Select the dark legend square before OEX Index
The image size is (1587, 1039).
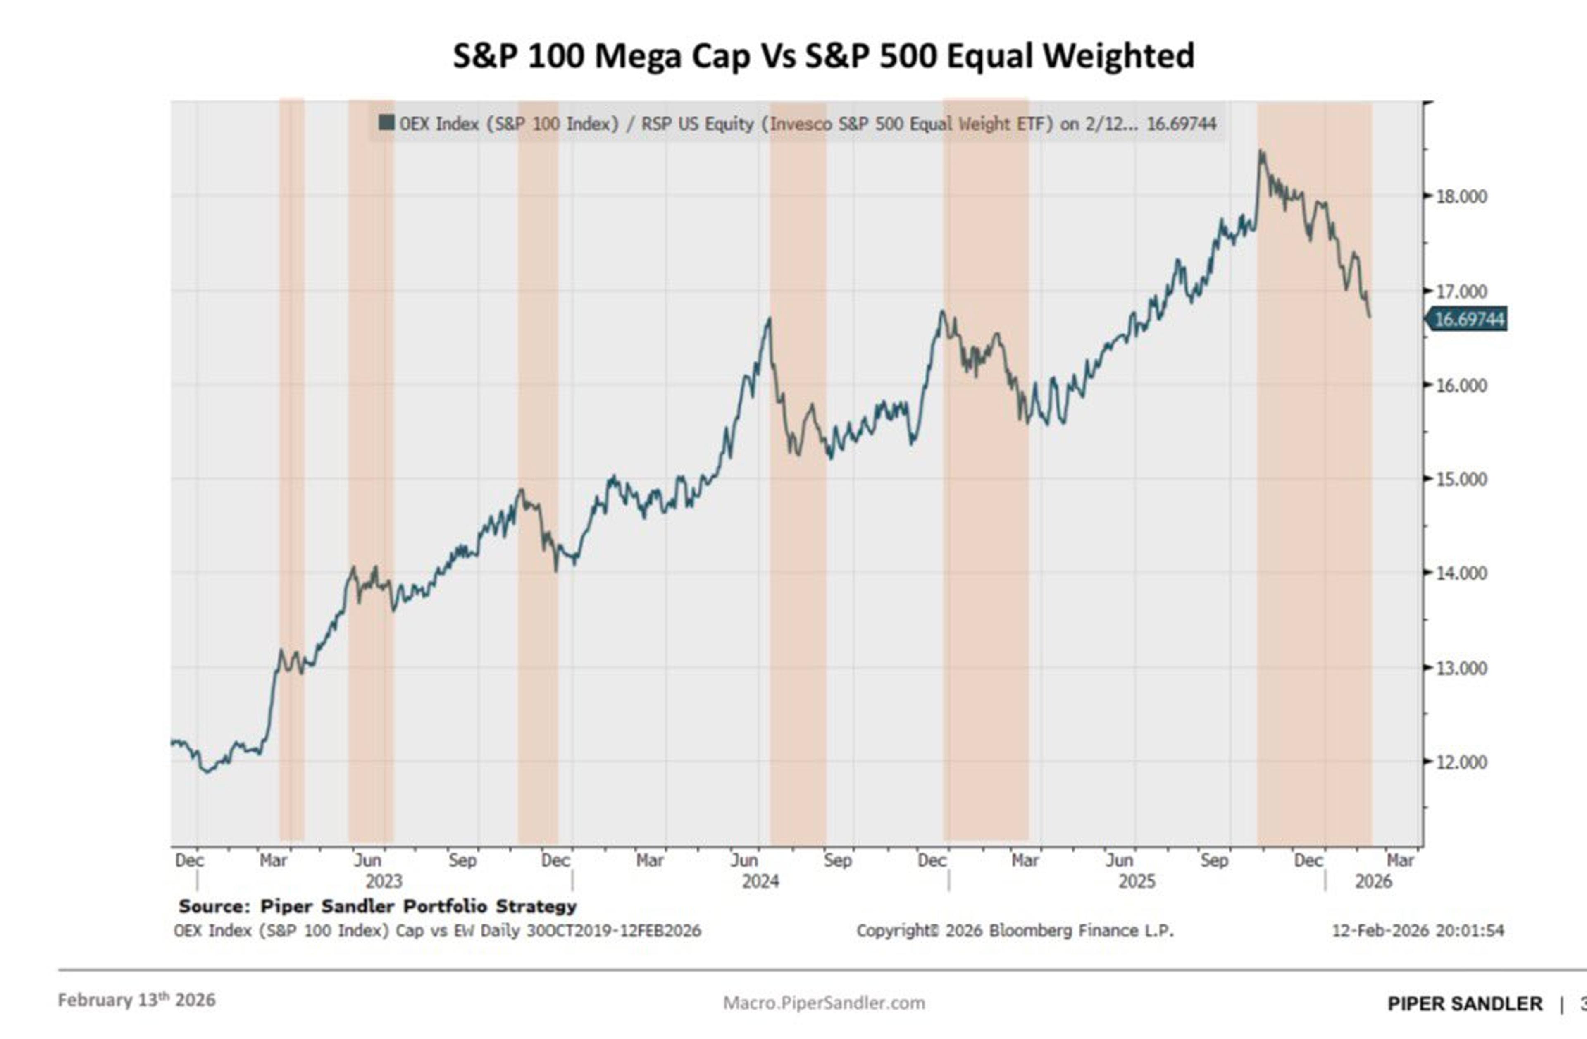click(386, 123)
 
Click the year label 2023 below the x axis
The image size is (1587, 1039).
click(384, 881)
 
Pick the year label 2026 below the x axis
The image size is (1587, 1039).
click(1373, 881)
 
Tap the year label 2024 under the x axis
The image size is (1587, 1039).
click(760, 881)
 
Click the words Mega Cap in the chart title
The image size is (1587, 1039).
click(672, 55)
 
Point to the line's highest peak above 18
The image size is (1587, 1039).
click(1261, 152)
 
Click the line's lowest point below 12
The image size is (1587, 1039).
click(207, 771)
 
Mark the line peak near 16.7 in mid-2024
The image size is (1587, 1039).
click(770, 319)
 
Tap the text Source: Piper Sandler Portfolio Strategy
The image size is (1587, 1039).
click(377, 906)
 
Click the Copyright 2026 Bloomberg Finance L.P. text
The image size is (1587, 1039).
click(1015, 930)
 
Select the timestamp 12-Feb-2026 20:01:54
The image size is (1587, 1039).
click(1418, 930)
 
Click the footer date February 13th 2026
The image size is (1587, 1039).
click(137, 1000)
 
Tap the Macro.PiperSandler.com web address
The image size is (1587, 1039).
click(824, 1003)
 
